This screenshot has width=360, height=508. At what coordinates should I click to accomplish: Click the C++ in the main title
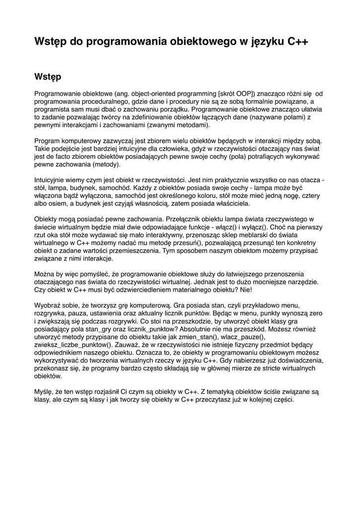[298, 42]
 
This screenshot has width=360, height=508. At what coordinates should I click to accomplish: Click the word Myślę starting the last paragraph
[44, 391]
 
